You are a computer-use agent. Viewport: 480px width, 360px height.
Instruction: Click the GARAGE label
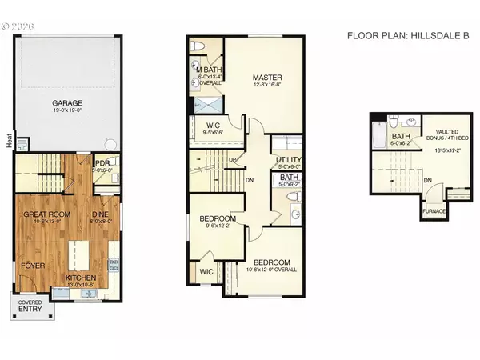pyautogui.click(x=70, y=103)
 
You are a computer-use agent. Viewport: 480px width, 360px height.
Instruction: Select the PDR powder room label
pyautogui.click(x=102, y=162)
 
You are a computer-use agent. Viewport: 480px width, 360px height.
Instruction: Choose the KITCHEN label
pyautogui.click(x=80, y=278)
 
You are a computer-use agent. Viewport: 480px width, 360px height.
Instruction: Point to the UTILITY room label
pyautogui.click(x=288, y=161)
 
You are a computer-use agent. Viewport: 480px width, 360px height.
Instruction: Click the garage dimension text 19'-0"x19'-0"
pyautogui.click(x=70, y=110)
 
